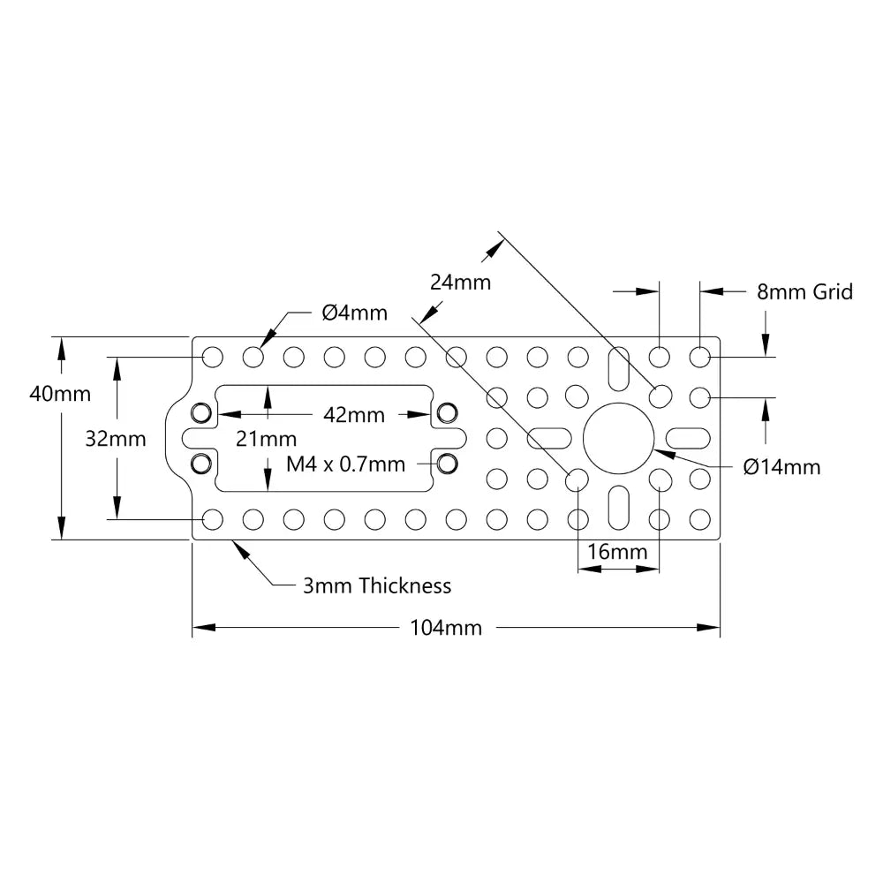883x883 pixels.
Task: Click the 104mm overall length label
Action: pyautogui.click(x=446, y=628)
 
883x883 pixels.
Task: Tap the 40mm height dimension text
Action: pyautogui.click(x=60, y=394)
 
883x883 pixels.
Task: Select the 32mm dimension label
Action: pyautogui.click(x=116, y=438)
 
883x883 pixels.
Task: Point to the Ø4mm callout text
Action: pyautogui.click(x=354, y=313)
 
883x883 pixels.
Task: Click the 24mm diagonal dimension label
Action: pyautogui.click(x=460, y=283)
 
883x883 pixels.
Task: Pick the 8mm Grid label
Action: pyautogui.click(x=804, y=291)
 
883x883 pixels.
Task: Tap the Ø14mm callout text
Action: pyautogui.click(x=781, y=466)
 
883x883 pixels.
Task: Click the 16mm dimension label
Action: pyautogui.click(x=617, y=552)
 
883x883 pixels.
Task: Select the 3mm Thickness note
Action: pyautogui.click(x=377, y=585)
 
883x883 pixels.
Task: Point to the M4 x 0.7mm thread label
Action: pyautogui.click(x=346, y=464)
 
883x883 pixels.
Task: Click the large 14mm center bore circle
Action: pyautogui.click(x=619, y=438)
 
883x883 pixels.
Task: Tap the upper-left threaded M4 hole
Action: pyautogui.click(x=202, y=412)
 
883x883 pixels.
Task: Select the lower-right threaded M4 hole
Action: pyautogui.click(x=448, y=463)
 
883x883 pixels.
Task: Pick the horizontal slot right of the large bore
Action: pyautogui.click(x=690, y=438)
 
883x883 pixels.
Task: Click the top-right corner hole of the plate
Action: pyautogui.click(x=700, y=357)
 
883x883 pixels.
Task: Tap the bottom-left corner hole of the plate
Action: pyautogui.click(x=212, y=519)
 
